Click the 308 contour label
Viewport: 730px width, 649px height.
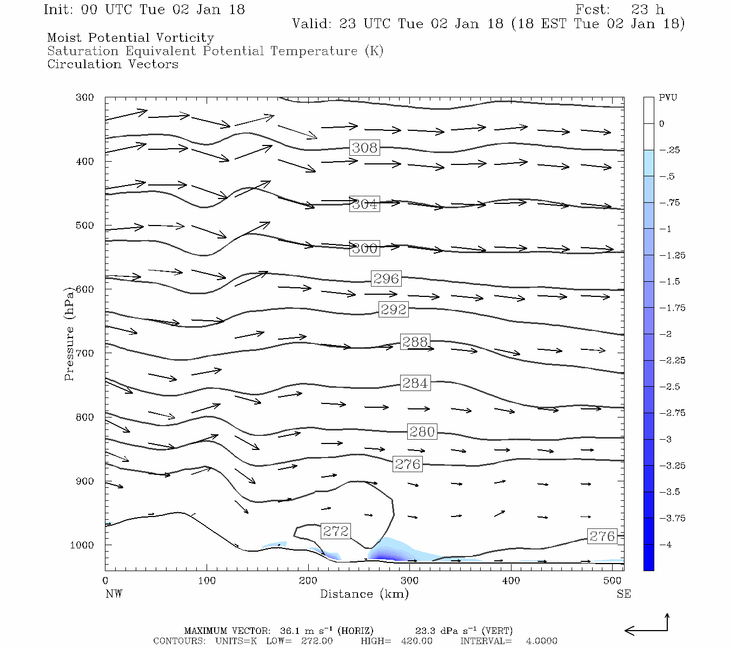coord(364,148)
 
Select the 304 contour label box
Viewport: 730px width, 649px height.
coord(364,204)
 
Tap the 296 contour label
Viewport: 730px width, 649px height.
coord(386,279)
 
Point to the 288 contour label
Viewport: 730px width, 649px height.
coord(415,342)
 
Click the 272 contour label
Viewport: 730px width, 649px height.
coord(335,531)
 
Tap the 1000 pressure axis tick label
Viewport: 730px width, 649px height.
coord(82,545)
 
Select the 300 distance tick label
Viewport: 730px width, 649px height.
coord(409,581)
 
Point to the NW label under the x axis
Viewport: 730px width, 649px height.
coord(114,594)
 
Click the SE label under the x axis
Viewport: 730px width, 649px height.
coord(623,594)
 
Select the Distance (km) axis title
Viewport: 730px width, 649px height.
coord(364,594)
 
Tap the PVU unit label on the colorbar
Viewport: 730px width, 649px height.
coord(668,98)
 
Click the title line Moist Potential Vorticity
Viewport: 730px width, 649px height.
coord(130,38)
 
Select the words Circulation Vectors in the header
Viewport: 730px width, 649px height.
coord(112,64)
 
